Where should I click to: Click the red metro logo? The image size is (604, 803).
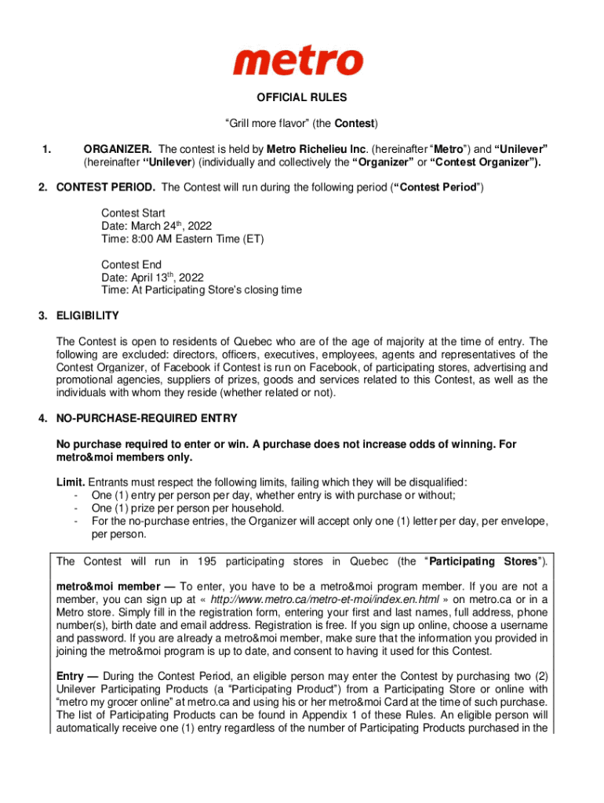[x=298, y=61]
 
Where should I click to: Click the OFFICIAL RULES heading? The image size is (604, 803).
[x=302, y=98]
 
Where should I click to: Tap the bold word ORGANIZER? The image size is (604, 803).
[x=118, y=149]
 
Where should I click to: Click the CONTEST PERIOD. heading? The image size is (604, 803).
[x=106, y=187]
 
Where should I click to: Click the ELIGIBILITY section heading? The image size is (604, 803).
[x=87, y=316]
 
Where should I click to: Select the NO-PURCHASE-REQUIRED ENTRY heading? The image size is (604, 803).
[x=146, y=418]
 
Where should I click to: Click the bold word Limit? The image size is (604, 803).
[x=71, y=482]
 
